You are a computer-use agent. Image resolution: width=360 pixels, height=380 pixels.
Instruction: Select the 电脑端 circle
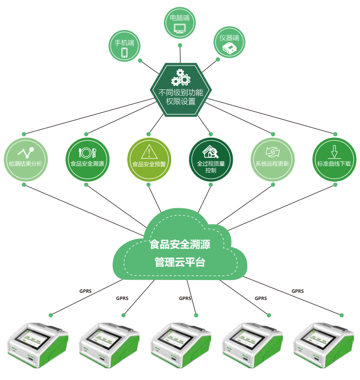point(179,22)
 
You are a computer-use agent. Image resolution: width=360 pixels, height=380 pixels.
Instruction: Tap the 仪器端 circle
point(229,44)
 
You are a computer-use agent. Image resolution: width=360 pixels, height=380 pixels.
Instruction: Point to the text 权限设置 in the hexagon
point(181,102)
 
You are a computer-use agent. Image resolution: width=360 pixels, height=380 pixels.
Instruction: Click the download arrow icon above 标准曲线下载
point(334,151)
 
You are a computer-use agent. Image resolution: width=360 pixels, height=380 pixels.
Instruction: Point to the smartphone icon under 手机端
point(124,52)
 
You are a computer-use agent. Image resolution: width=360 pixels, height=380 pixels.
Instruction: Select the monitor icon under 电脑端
point(179,27)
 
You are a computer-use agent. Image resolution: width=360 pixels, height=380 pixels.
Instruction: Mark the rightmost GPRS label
point(298,291)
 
